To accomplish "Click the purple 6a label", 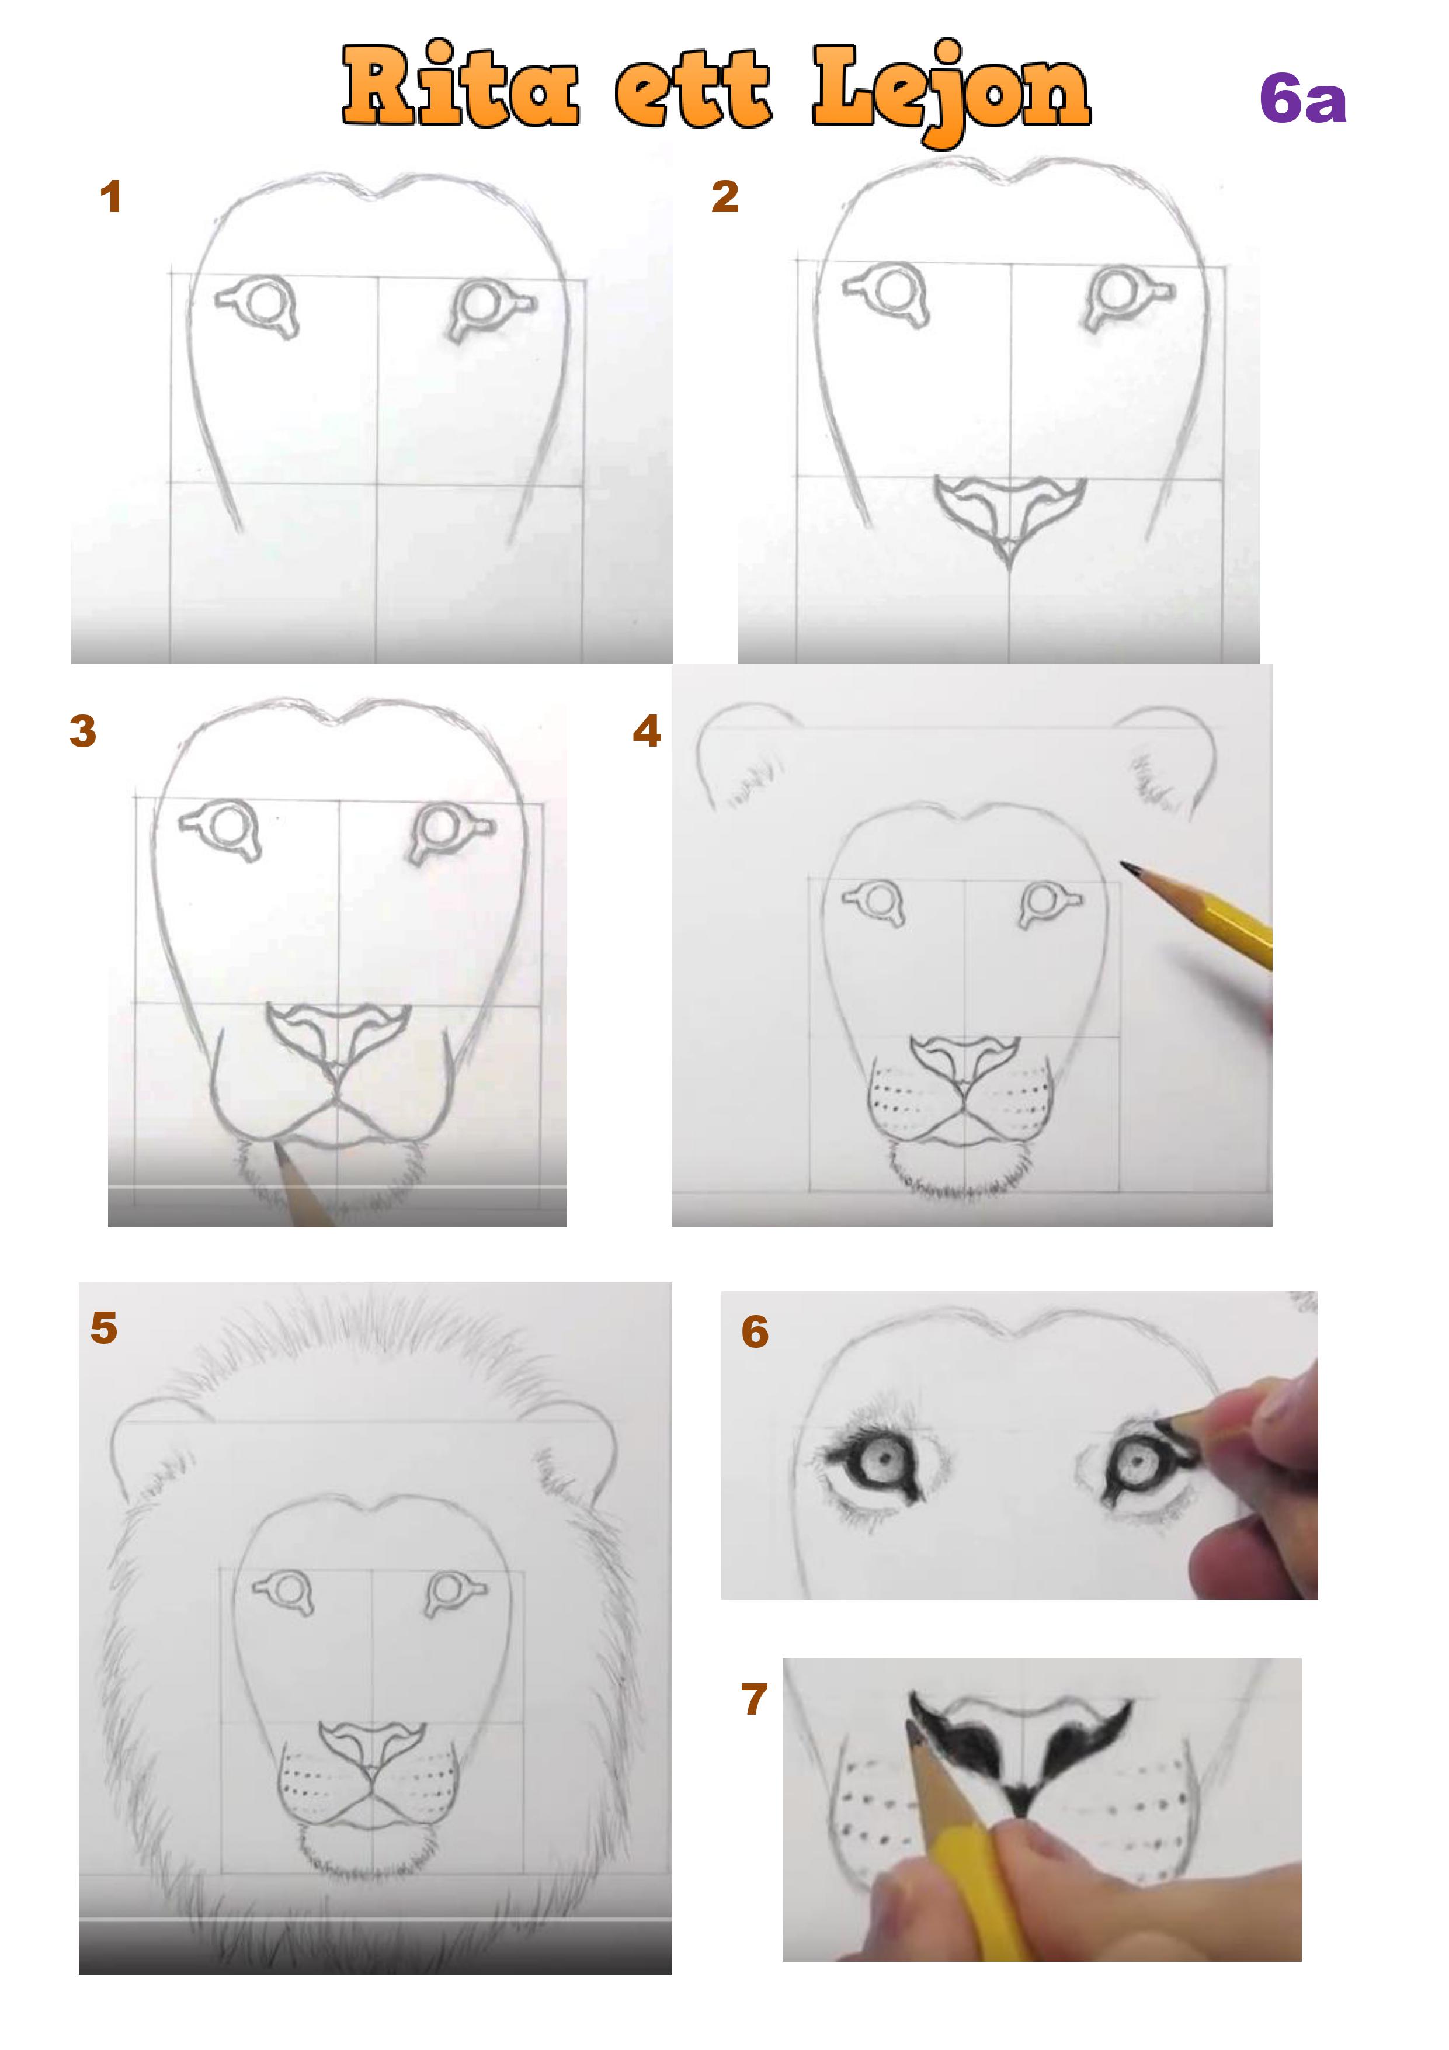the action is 1302,99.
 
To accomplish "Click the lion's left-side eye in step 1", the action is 258,304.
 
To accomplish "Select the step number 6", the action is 755,1331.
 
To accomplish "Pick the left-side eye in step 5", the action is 284,1589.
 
